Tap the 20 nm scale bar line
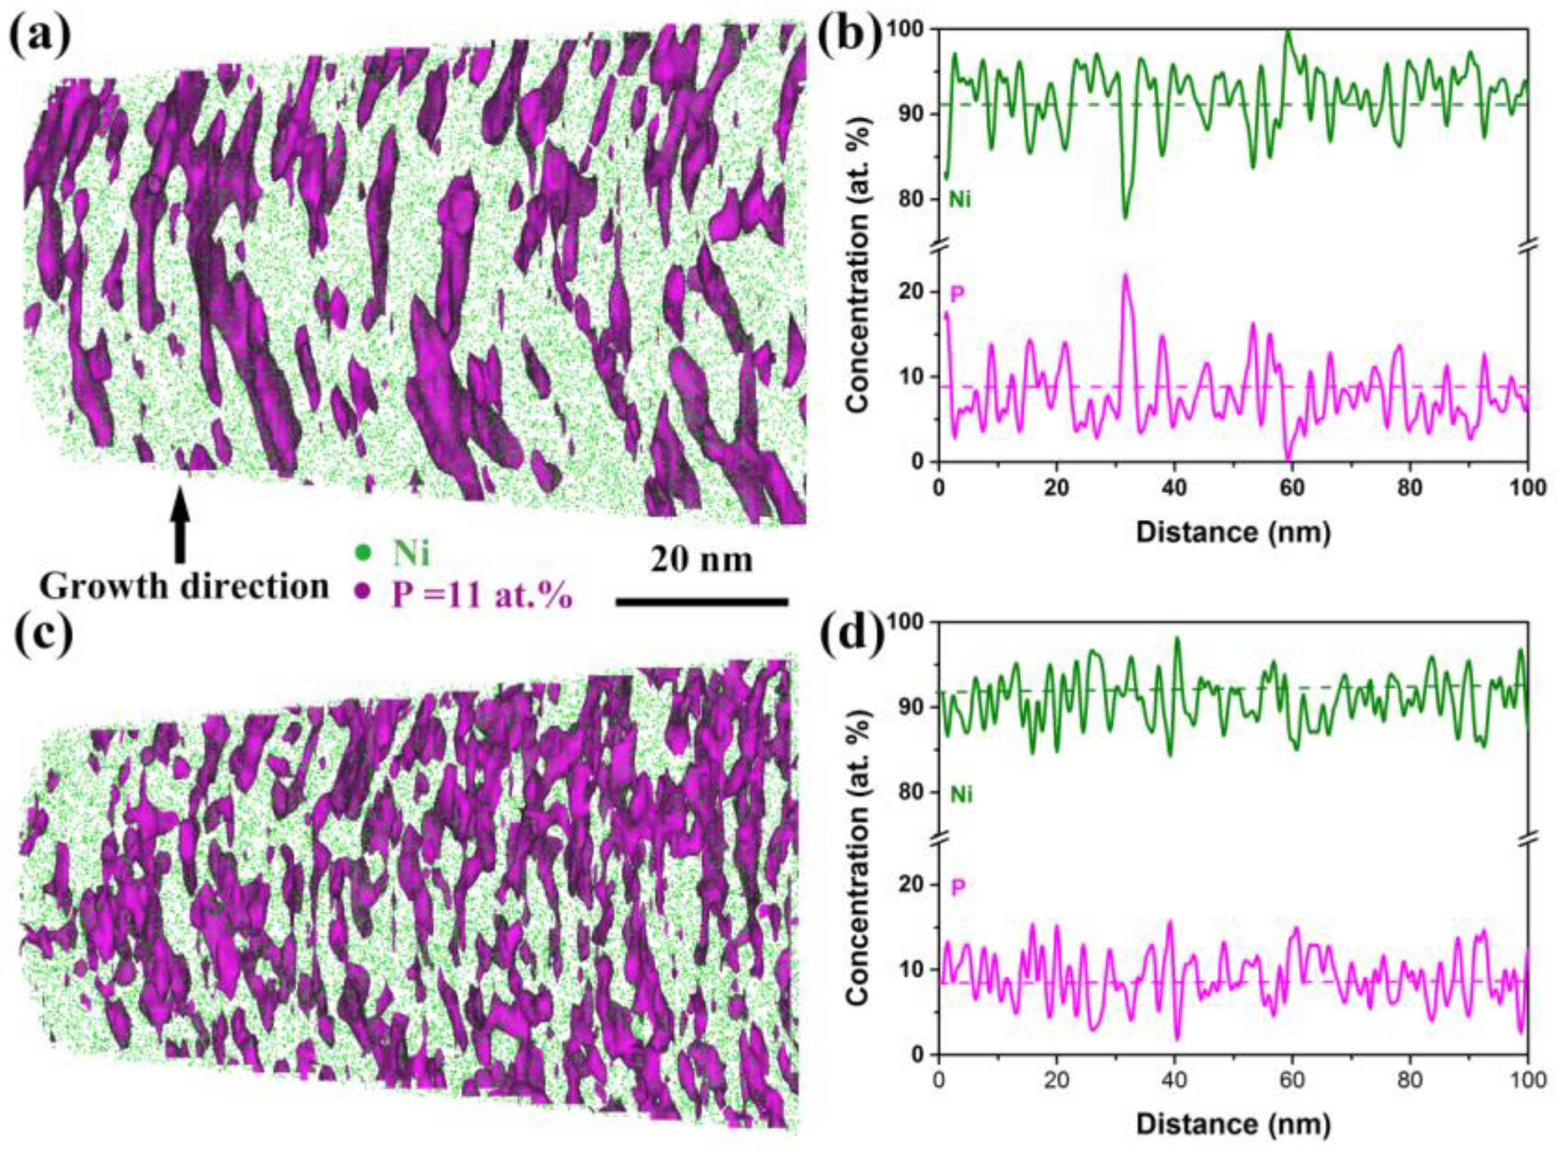(702, 601)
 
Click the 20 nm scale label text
(702, 560)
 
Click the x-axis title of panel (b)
(1233, 533)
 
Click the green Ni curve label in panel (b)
(960, 200)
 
